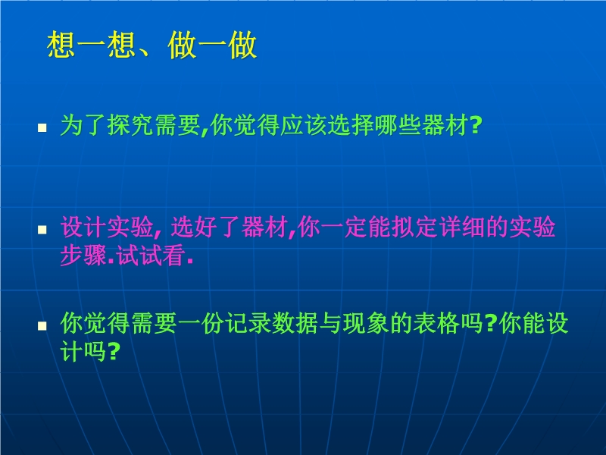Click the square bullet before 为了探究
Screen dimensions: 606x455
coord(42,127)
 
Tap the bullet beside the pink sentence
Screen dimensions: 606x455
coord(42,230)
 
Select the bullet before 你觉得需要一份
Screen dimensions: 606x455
coord(42,326)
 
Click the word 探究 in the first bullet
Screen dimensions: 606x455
coord(130,125)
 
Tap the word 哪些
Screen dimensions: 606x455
coord(398,125)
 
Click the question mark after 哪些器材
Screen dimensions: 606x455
coord(476,125)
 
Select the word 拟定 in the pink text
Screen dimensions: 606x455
coord(415,227)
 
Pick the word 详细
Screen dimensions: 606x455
coord(463,227)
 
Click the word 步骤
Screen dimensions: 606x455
coord(83,256)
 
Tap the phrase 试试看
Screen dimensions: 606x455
coord(151,256)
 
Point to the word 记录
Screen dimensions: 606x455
coord(248,323)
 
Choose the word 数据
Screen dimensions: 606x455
coord(295,323)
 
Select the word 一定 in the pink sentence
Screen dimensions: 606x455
coord(345,227)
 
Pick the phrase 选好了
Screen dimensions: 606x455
coord(206,227)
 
